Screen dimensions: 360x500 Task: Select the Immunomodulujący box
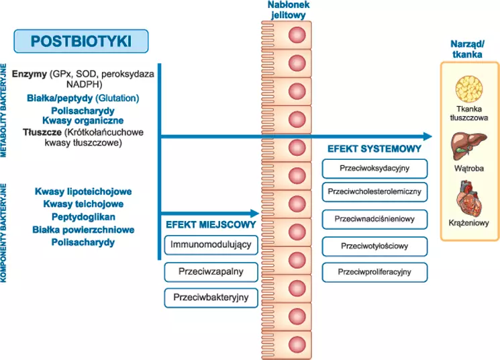[211, 245]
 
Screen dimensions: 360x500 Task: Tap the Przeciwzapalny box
[211, 271]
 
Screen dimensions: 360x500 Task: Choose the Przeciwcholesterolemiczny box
[374, 192]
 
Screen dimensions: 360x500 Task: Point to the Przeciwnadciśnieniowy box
[374, 219]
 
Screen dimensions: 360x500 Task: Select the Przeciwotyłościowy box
[374, 246]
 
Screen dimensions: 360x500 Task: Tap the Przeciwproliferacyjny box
[374, 272]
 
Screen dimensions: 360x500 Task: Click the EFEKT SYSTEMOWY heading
[374, 148]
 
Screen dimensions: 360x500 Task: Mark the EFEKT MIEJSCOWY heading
[207, 224]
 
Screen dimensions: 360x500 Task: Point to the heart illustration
[469, 196]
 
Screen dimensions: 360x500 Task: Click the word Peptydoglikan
[83, 217]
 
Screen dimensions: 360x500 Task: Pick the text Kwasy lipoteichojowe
[83, 191]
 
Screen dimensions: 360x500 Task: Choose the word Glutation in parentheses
[120, 98]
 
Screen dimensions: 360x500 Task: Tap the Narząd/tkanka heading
[468, 49]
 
